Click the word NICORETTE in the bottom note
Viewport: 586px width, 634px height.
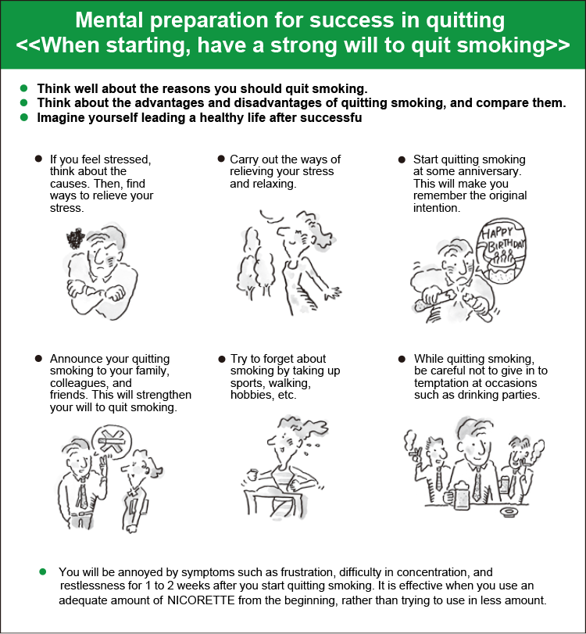click(201, 600)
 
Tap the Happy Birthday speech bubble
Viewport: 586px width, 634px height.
click(502, 251)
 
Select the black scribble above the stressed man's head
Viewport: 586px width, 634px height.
click(75, 238)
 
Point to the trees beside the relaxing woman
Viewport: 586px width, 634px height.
click(255, 262)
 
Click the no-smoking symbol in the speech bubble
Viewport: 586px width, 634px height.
click(111, 441)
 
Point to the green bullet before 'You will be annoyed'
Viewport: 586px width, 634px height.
click(43, 571)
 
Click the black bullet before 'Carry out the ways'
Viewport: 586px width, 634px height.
click(221, 159)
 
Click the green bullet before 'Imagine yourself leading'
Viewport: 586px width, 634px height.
click(24, 117)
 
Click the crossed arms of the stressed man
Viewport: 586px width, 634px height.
click(97, 292)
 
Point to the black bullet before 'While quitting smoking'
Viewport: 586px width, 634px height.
click(402, 359)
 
